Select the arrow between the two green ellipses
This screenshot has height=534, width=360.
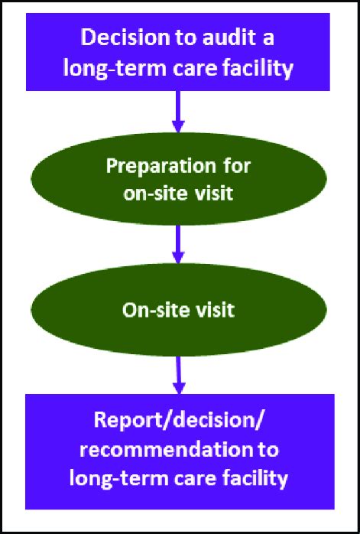tap(178, 243)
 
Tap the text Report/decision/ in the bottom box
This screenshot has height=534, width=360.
tap(179, 421)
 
